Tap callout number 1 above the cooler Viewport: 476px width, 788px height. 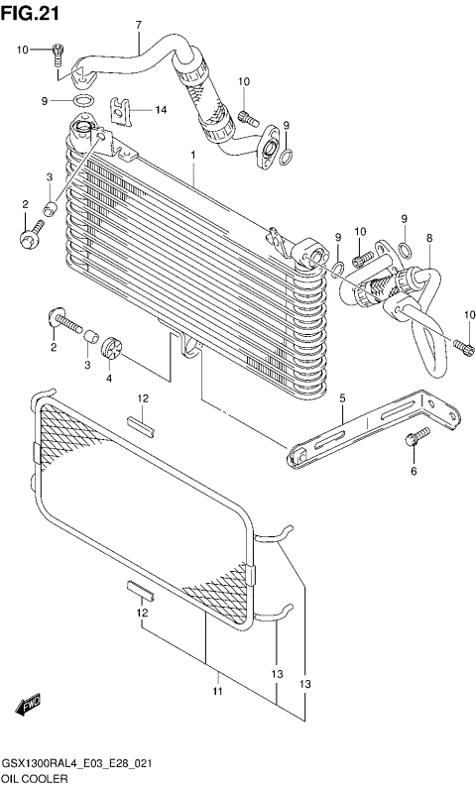[x=193, y=157]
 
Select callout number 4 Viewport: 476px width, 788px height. [x=110, y=378]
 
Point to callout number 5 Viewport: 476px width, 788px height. [x=342, y=399]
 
